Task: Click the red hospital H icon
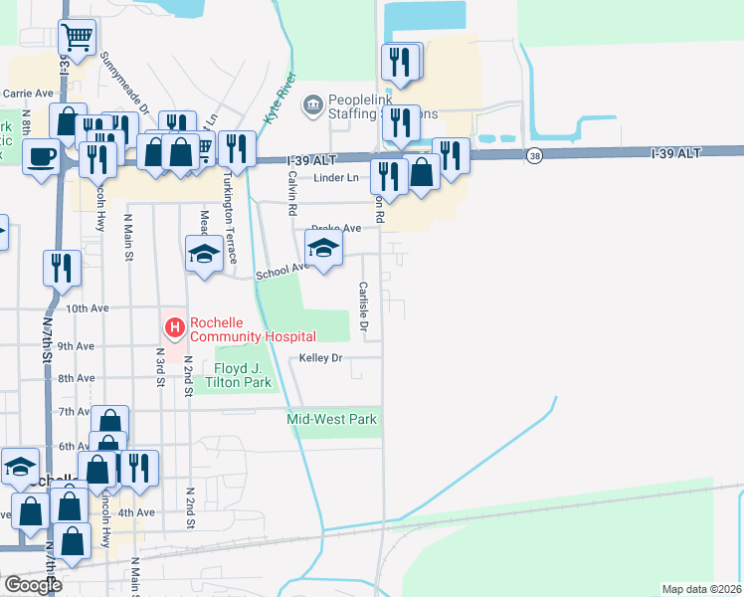(174, 326)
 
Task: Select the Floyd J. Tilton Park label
(237, 375)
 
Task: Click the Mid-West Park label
(332, 420)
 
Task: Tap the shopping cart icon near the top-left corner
(77, 38)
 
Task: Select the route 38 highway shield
(535, 155)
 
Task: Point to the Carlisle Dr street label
(363, 306)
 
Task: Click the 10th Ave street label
(87, 308)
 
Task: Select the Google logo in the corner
(32, 585)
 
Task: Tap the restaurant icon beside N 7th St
(62, 267)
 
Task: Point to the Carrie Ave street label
(28, 93)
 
